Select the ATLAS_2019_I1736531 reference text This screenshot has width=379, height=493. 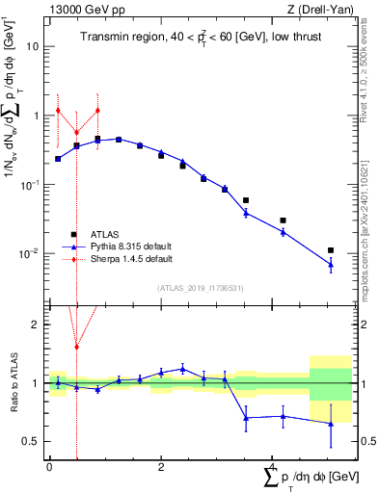tap(201, 288)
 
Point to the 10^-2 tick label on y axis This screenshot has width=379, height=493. tap(30, 254)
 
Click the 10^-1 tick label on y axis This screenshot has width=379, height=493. tap(30, 185)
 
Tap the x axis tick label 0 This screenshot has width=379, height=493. tap(49, 466)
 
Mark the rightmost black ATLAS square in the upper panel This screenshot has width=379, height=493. tap(331, 250)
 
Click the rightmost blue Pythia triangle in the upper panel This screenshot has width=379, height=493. tap(331, 264)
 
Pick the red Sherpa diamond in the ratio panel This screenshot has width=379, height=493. tap(76, 347)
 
